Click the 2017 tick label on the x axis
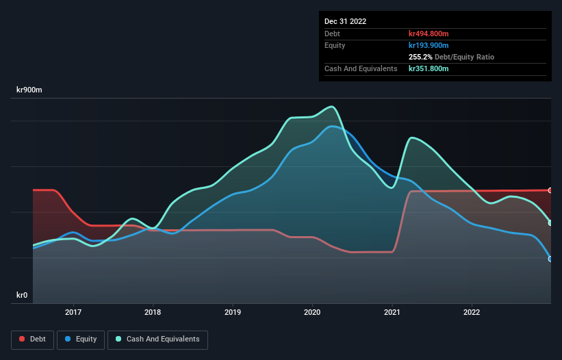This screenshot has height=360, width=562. coord(73,312)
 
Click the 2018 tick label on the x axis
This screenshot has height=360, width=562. coord(153,312)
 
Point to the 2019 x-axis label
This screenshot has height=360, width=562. coord(233,312)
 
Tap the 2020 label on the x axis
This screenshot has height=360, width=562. coord(312,312)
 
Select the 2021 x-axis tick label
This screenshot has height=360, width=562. coord(392,312)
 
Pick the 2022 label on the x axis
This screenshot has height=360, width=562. coord(472,312)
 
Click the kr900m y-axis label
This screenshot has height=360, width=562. coord(31,90)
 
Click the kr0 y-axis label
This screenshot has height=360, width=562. coord(22,296)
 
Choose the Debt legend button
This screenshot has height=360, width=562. coord(32,339)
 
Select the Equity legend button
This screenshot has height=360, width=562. coord(81,339)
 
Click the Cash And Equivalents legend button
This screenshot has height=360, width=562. coord(157,339)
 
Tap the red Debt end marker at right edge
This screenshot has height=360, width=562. coord(550,190)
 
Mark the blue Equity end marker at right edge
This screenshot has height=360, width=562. coord(550,259)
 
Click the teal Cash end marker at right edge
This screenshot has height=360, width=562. coord(550,223)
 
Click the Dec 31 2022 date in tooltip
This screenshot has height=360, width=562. coord(346,21)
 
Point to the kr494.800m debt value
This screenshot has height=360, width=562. coord(429,34)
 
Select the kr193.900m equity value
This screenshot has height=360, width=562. coord(429,45)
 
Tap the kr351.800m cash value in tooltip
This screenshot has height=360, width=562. coord(429,68)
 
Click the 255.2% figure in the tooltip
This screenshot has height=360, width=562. coord(419,57)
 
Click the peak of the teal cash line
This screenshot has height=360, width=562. coord(332,106)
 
